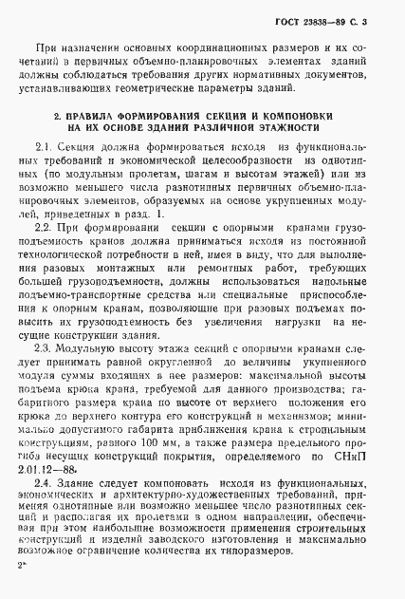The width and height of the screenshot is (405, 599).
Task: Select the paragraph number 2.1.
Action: [x=45, y=149]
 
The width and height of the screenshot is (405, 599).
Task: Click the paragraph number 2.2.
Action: [x=45, y=229]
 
